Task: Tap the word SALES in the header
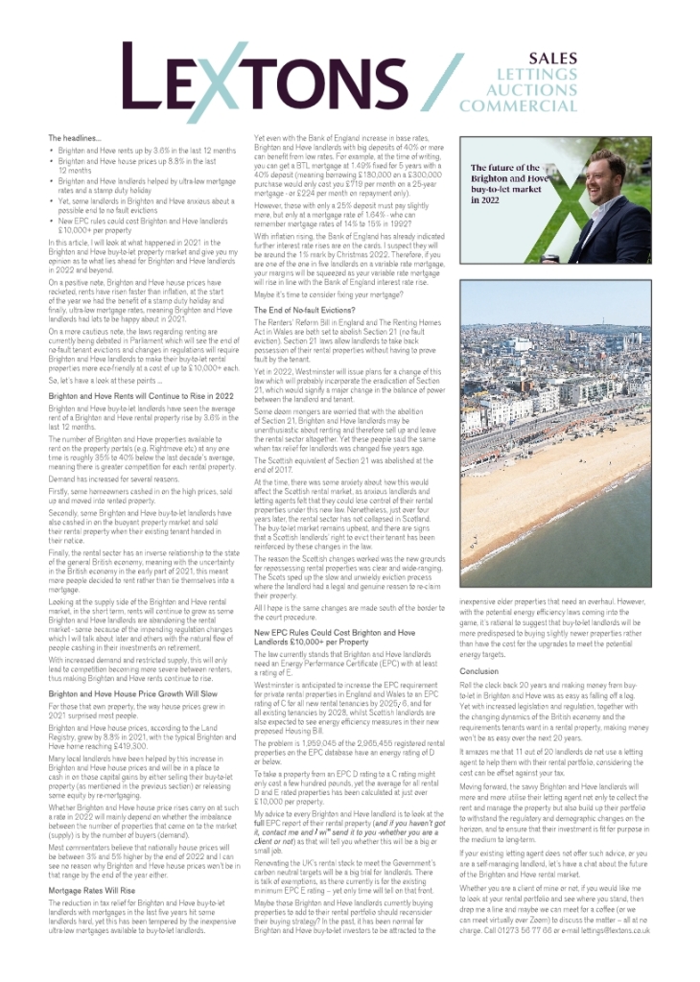coord(555,58)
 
